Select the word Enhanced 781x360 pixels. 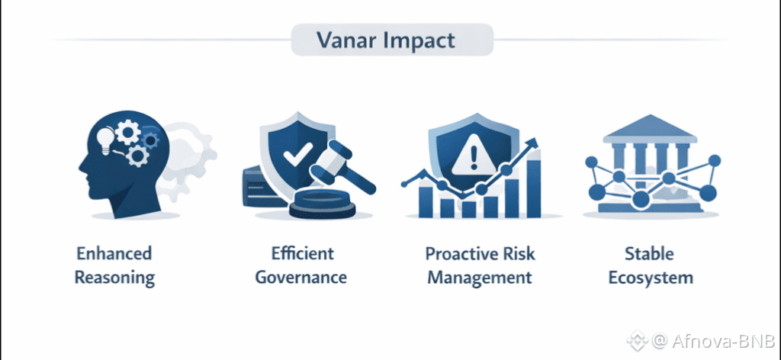pos(114,253)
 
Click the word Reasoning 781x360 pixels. pos(114,278)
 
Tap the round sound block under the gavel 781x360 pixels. pos(323,204)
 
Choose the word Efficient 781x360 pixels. pos(302,253)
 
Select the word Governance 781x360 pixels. pos(301,278)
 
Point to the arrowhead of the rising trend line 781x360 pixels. pos(533,143)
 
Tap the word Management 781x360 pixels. pos(480,278)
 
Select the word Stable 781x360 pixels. pos(649,253)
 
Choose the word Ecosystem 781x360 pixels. pos(651,278)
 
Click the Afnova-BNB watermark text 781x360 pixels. pos(722,341)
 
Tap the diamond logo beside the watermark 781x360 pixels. pos(637,341)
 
